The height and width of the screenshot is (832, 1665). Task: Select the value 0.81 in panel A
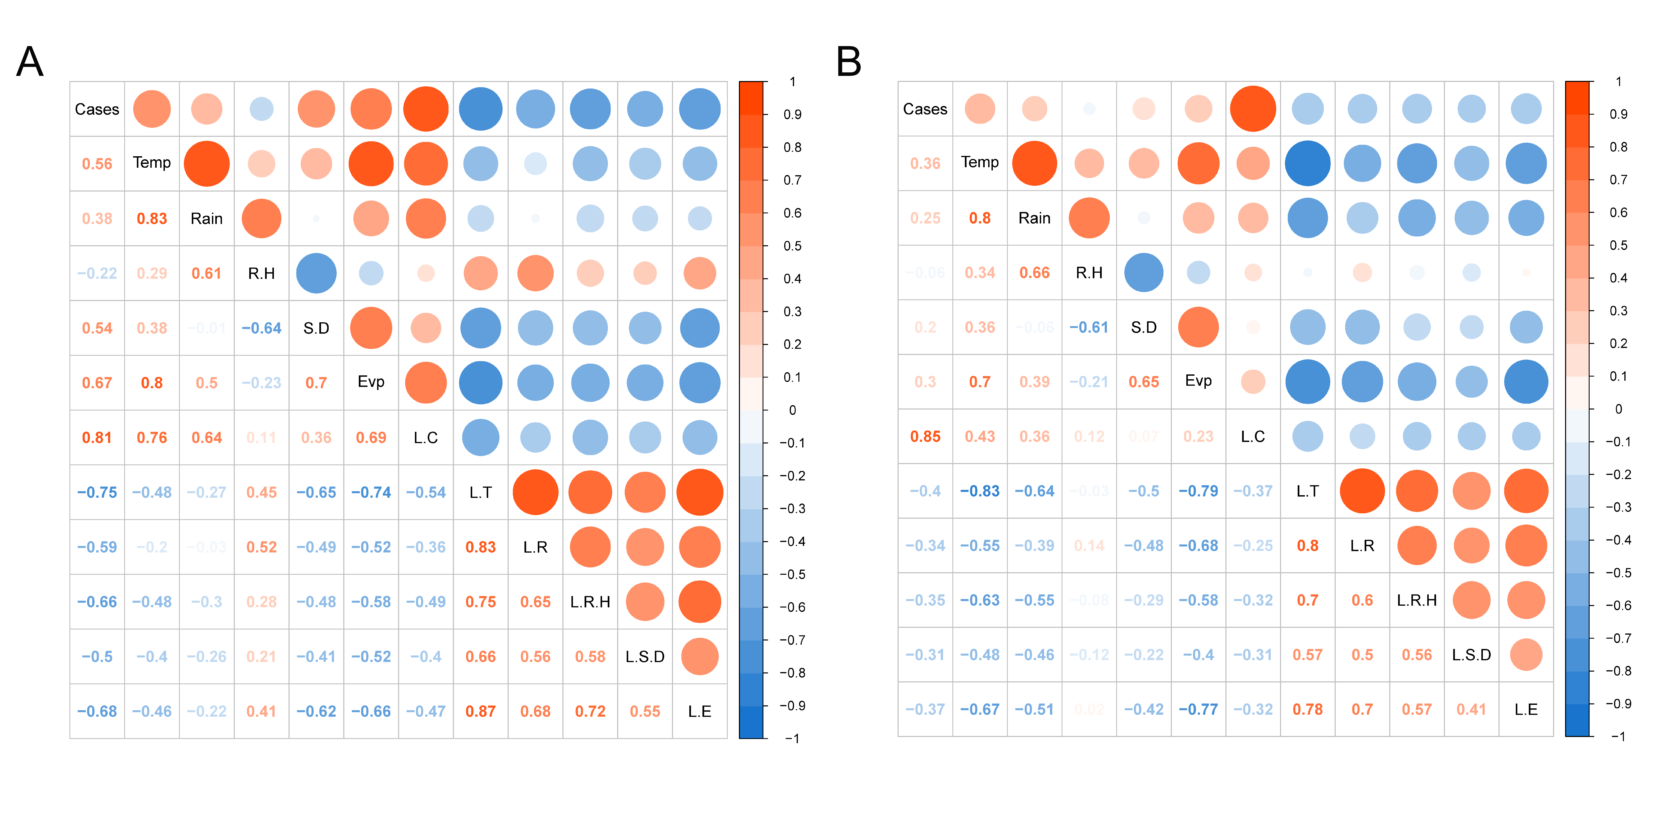[97, 438]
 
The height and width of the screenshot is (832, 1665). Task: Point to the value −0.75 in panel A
[97, 492]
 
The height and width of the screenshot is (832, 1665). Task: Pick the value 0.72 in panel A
[590, 711]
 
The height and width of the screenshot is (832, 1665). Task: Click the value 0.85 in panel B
[925, 437]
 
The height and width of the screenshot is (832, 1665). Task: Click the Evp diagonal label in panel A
[371, 382]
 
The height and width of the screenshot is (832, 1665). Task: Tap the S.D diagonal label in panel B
[1143, 327]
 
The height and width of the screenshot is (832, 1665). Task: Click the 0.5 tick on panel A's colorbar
[792, 246]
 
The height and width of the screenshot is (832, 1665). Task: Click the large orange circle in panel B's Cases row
[1253, 108]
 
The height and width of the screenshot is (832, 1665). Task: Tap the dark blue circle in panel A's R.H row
[316, 273]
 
